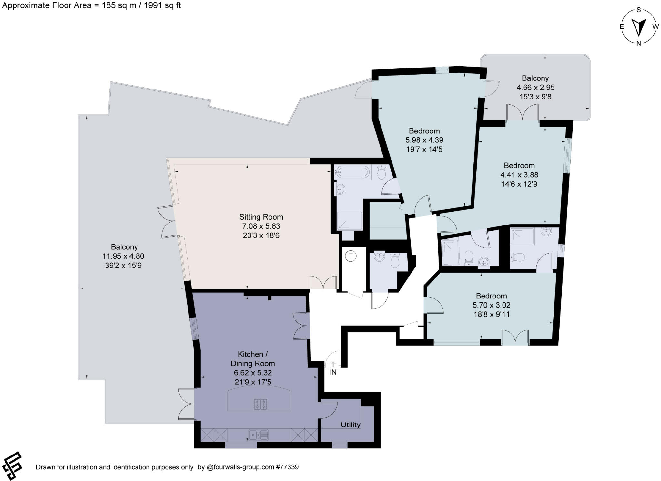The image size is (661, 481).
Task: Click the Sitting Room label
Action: coord(261,217)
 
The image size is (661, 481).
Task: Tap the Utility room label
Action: coord(351,424)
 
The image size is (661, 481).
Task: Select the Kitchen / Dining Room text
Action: coord(253,359)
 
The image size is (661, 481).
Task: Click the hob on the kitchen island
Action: coord(260,404)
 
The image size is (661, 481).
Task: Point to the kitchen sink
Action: coord(258,435)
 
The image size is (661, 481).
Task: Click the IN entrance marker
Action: coord(333,372)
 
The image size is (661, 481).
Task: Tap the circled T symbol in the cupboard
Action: coord(351,256)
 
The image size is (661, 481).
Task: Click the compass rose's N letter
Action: coord(638,44)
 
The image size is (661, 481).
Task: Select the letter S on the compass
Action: coord(638,10)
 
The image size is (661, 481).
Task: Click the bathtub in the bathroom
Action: coord(352,172)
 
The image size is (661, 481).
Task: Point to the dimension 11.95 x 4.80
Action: coord(123,256)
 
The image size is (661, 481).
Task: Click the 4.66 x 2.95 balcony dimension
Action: coord(535,87)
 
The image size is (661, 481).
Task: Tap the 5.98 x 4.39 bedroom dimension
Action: coord(424,140)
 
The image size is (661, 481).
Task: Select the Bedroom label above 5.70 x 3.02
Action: coord(491,296)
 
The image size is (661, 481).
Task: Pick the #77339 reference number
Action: coord(287,467)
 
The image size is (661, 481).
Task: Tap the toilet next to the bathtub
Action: coord(381,173)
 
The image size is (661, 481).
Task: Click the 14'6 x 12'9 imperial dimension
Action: coord(519,184)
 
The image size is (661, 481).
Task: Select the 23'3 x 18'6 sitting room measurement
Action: coord(261,235)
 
